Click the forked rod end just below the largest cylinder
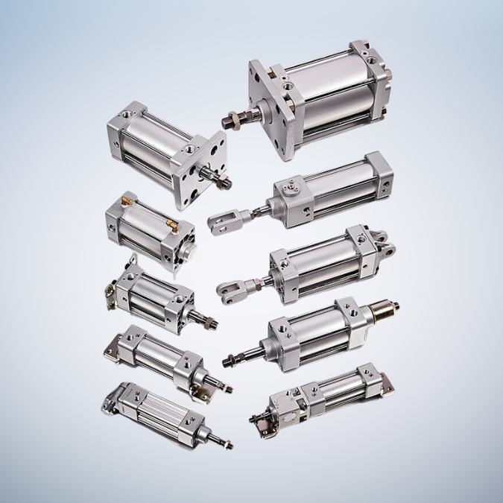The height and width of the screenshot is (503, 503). [x=221, y=223]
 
